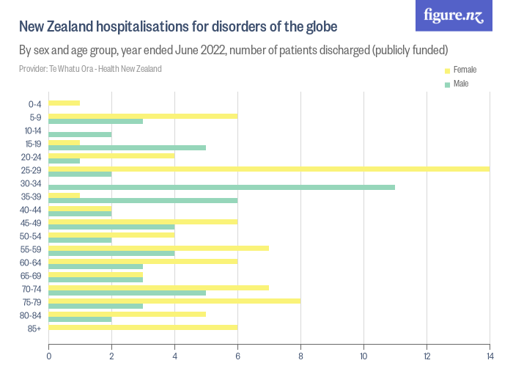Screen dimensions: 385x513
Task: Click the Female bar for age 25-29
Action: [x=268, y=169]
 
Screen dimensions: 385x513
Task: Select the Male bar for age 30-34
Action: [x=221, y=187]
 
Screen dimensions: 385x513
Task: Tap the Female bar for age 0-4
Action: [x=64, y=103]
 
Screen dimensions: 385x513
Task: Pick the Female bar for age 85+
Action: [x=143, y=327]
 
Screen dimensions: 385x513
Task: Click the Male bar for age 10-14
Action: [x=80, y=134]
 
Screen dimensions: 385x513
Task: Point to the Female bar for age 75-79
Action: [x=174, y=301]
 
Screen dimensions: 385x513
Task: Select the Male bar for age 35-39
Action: [x=143, y=200]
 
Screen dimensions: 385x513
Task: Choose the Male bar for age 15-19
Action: [x=127, y=147]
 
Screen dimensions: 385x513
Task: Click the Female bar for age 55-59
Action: [x=158, y=248]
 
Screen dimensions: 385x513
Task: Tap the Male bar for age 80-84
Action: [x=80, y=319]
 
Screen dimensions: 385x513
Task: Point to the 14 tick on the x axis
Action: [x=490, y=356]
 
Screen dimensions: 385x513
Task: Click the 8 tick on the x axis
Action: [x=300, y=356]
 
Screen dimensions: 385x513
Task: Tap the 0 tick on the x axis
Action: [x=48, y=356]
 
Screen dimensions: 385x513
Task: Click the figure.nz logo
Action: [x=454, y=15]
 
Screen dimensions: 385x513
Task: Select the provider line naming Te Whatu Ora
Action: [x=90, y=69]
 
